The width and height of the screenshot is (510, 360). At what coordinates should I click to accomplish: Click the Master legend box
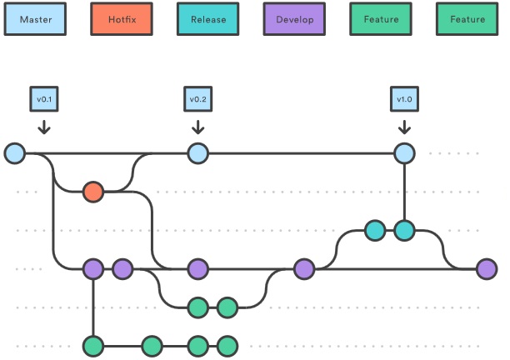point(35,19)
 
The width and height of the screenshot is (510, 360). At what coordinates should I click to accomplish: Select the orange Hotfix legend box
point(122,19)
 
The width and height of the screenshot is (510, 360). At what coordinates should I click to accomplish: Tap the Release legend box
point(208,19)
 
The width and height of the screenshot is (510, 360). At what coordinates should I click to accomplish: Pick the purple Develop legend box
point(294,19)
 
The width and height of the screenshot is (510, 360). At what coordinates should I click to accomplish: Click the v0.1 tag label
point(44,99)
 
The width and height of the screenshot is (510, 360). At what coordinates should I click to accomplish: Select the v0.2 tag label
point(198,99)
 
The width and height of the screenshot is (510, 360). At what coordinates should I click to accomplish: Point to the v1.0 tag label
point(404,99)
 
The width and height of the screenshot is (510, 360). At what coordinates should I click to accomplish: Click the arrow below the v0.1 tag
point(44,127)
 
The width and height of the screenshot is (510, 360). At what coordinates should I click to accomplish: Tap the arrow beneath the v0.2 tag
point(198,127)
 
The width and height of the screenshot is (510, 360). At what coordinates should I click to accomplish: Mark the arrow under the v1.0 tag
point(404,127)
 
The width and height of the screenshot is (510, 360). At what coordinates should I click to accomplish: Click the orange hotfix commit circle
point(93,192)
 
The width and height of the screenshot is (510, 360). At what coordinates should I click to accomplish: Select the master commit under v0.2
point(198,153)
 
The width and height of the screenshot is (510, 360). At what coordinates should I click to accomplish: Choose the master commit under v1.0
point(404,153)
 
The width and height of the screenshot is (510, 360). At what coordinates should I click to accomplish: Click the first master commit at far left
point(15,153)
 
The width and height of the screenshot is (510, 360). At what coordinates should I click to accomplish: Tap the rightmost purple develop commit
point(487,269)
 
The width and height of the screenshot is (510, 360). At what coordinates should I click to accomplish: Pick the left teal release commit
point(375,231)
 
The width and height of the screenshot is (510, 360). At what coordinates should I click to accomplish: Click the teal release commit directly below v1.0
point(404,231)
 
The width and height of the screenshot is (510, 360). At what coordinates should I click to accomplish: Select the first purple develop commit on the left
point(93,269)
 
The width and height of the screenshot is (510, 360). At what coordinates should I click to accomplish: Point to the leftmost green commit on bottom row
point(93,347)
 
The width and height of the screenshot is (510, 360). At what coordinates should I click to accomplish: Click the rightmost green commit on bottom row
point(227,347)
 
